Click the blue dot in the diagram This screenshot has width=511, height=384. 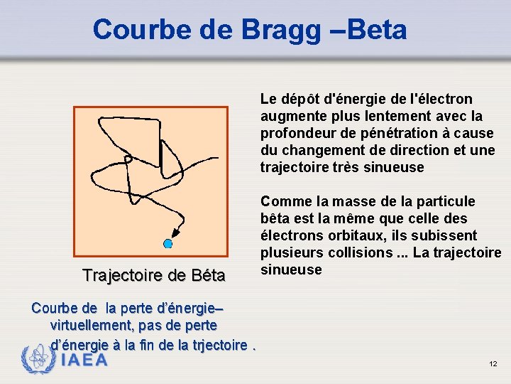pyautogui.click(x=168, y=244)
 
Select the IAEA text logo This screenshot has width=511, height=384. pyautogui.click(x=84, y=360)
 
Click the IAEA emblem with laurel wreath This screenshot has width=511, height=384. pyautogui.click(x=38, y=358)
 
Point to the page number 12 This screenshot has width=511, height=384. pyautogui.click(x=493, y=364)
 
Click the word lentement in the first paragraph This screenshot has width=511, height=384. pyautogui.click(x=392, y=116)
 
